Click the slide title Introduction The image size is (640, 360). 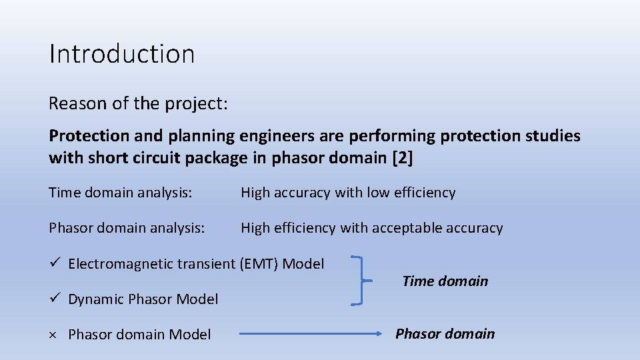tap(122, 54)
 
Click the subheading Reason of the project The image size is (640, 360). tap(138, 103)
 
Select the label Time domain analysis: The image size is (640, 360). tap(121, 193)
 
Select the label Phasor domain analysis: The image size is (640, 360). tap(127, 228)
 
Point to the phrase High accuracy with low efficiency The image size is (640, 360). tap(348, 193)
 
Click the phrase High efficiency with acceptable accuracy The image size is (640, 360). tap(371, 228)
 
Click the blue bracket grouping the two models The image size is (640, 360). tap(361, 281)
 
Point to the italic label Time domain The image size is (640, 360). tap(445, 281)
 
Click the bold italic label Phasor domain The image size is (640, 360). tap(445, 333)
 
